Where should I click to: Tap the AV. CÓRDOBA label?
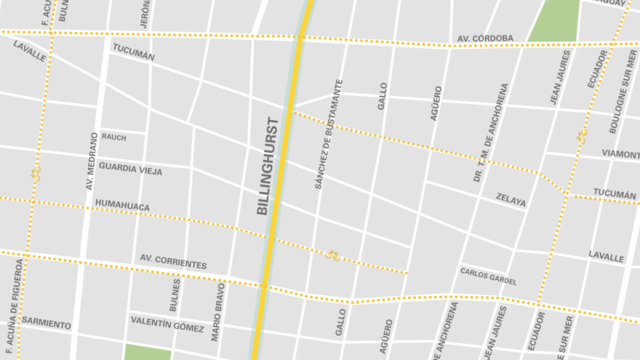pos(486,38)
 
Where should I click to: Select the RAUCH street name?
pos(114,137)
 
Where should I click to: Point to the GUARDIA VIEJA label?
pos(129,170)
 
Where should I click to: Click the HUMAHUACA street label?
pos(122,206)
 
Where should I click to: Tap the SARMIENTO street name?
pos(46,324)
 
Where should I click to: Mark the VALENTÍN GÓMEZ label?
pos(167,322)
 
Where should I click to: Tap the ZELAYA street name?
pos(510,200)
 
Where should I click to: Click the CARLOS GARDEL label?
pos(488,276)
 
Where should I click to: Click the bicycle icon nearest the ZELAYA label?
pos(332,256)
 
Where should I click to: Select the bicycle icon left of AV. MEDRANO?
pos(34,173)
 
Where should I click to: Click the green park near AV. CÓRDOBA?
pos(554,20)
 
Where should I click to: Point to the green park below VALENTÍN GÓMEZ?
pos(148,352)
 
